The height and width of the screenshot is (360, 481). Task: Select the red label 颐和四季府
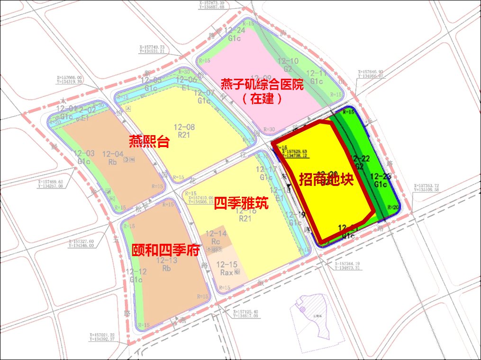pos(165,250)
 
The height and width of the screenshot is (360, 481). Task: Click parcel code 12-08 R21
pos(184,131)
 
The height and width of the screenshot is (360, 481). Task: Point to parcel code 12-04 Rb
pos(112,157)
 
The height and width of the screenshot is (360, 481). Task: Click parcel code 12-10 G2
pos(288,65)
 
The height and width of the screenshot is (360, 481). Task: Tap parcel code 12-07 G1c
pos(204,96)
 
